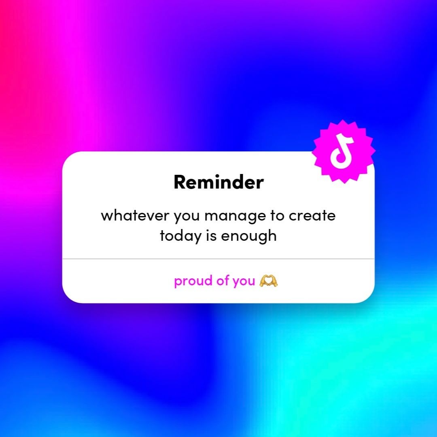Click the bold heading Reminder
[x=218, y=182]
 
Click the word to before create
[x=277, y=215]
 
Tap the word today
[x=180, y=236]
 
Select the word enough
[x=249, y=237]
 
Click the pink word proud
[x=193, y=281]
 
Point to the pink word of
[x=223, y=280]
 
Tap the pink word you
[x=244, y=282]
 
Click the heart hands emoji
[x=269, y=281]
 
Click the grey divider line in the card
[x=218, y=259]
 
